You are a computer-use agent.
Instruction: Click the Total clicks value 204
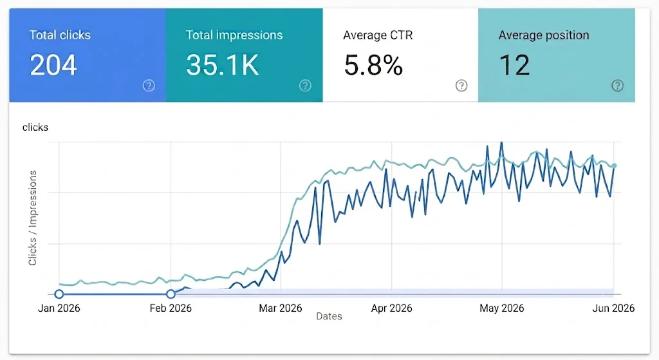53,65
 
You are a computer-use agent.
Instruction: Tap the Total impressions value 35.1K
222,65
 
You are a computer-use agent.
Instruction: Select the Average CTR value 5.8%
373,65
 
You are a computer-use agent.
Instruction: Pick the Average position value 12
514,65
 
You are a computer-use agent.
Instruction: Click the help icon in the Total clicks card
149,86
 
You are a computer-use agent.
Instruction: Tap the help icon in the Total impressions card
305,86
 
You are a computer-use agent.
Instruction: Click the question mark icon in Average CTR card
461,86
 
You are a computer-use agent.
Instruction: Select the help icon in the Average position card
617,86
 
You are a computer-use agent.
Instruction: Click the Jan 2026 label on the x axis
59,308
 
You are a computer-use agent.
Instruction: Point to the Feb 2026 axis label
171,308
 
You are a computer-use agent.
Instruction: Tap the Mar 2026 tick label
281,308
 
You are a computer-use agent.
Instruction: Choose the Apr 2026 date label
392,308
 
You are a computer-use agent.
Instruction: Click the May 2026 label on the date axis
502,308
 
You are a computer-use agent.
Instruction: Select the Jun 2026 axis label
613,308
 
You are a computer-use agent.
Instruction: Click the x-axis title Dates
329,316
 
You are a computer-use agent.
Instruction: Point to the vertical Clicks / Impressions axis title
32,218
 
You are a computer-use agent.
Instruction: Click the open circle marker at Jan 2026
59,294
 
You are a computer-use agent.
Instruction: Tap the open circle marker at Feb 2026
171,294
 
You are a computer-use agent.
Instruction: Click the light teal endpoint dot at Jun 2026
614,166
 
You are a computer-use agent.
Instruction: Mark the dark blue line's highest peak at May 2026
501,143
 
